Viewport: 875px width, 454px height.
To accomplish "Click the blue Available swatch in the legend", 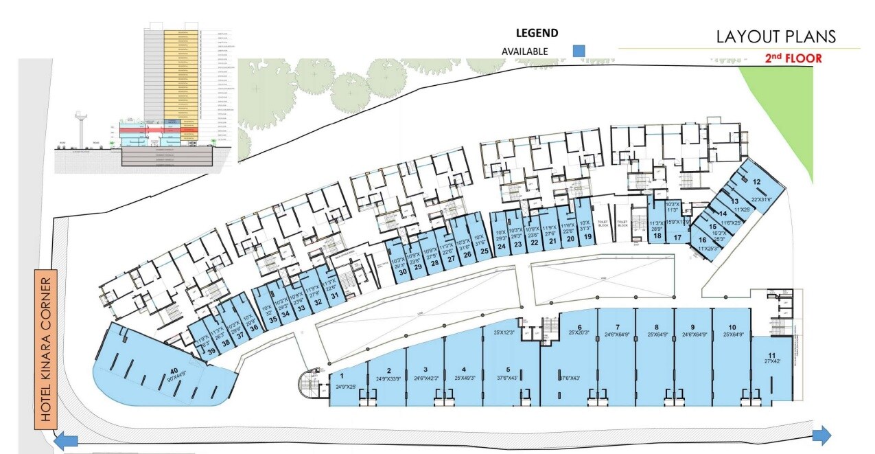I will [579, 51].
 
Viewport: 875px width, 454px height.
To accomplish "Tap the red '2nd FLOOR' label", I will [793, 58].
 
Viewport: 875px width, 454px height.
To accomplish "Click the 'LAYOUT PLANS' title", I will [776, 36].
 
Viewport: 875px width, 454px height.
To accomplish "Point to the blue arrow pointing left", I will [65, 440].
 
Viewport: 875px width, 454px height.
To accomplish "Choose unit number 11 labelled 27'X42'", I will [771, 355].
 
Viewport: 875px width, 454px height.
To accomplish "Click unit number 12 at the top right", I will [756, 182].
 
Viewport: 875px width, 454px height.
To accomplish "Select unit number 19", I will [587, 237].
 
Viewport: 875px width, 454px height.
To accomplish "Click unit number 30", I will [403, 273].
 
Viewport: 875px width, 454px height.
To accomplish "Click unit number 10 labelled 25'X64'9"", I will [732, 327].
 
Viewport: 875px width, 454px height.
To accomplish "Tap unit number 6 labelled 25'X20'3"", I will [580, 327].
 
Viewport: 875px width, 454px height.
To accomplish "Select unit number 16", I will [702, 240].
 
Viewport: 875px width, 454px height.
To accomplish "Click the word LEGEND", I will [537, 32].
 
